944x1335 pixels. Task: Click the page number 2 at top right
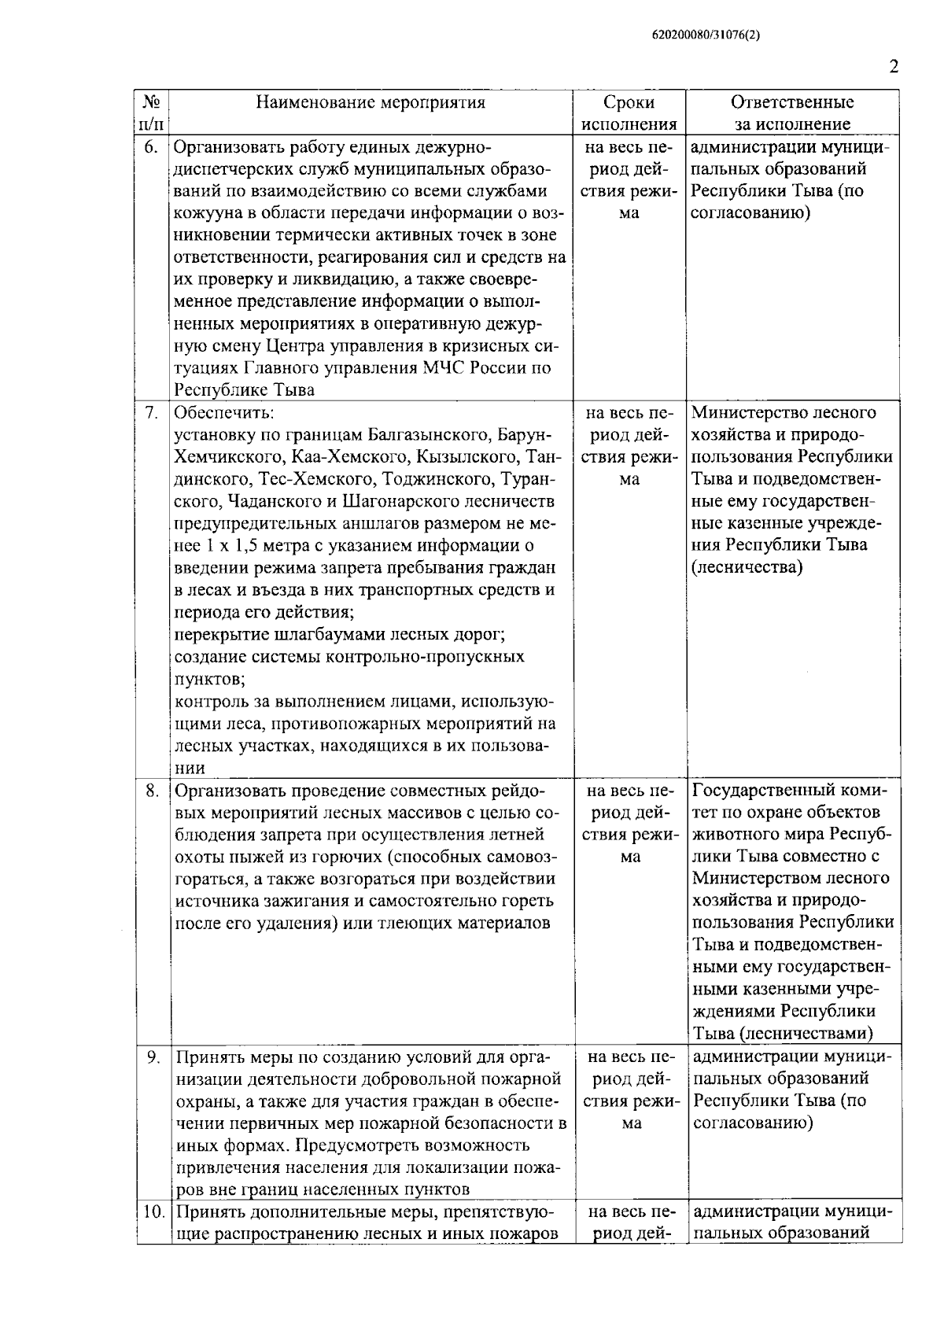pos(893,68)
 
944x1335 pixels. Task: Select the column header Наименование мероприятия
pos(371,102)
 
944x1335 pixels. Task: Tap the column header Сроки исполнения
pos(629,113)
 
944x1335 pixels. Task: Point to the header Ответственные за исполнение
pos(792,113)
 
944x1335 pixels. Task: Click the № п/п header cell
pos(153,113)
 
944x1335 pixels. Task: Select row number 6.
pos(153,147)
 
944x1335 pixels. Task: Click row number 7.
pos(153,413)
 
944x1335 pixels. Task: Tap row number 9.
pos(153,1057)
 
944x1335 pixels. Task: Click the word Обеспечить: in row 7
pos(223,413)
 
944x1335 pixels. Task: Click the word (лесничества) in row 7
pos(747,567)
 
